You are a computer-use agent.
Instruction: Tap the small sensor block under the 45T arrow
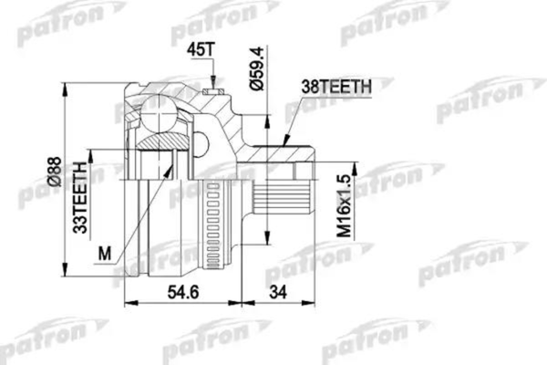click(215, 89)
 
